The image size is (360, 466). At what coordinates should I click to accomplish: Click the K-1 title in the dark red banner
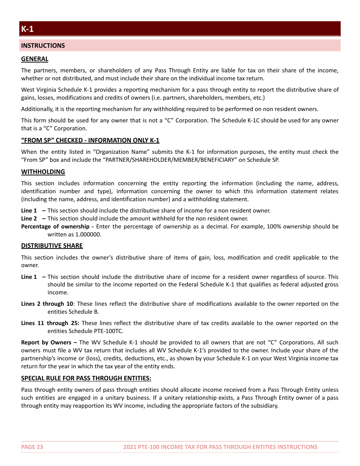[27, 29]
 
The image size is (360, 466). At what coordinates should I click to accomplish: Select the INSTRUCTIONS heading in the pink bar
[43, 45]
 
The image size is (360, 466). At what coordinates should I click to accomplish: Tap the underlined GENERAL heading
[34, 59]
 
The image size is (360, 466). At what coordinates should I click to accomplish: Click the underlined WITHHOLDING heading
[43, 172]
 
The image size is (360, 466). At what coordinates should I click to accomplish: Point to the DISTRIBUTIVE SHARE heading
[52, 246]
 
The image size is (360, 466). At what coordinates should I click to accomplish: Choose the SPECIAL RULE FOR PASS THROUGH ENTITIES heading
[86, 378]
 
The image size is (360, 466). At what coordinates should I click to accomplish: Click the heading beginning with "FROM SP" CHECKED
[90, 140]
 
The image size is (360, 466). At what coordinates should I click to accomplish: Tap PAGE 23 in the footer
[32, 447]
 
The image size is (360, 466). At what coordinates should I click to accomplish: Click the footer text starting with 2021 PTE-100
[220, 447]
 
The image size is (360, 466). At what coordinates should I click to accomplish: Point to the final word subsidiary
[264, 405]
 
